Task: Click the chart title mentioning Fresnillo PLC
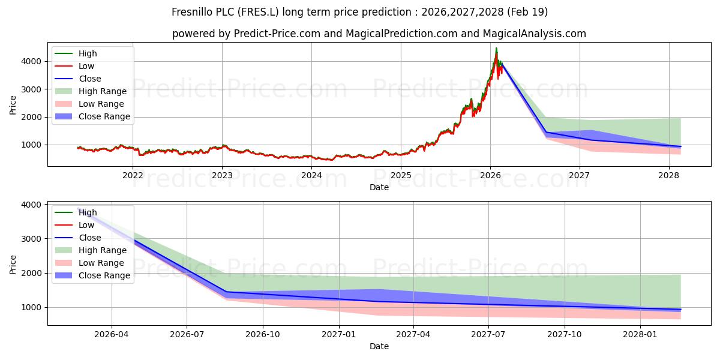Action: pos(359,12)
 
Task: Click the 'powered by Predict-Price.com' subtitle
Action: pos(379,34)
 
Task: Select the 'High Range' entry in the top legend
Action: pos(102,91)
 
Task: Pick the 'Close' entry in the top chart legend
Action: pos(89,79)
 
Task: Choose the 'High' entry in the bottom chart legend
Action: pos(87,212)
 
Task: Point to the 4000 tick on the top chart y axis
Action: pos(34,61)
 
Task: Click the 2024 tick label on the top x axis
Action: pos(311,175)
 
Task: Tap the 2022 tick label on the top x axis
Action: pos(133,175)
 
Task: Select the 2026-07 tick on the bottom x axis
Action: pos(187,334)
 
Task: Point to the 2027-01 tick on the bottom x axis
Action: pos(340,334)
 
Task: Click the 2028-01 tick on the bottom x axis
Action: pos(641,334)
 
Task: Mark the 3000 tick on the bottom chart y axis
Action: pos(34,239)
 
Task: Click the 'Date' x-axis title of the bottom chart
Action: pos(379,346)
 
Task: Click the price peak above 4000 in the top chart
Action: pos(496,49)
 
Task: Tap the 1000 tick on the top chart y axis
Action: pos(34,145)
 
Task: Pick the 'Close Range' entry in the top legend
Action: pos(104,116)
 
